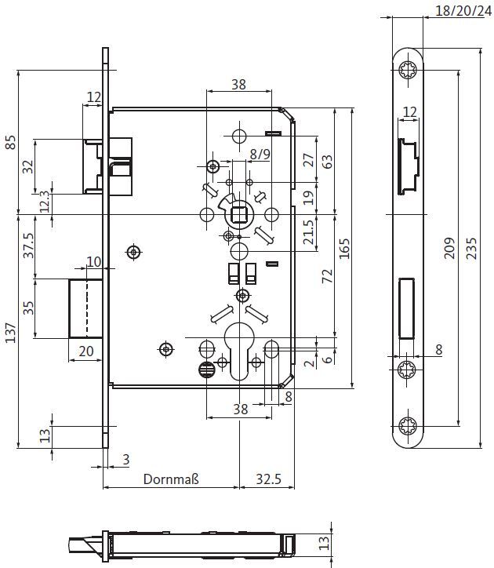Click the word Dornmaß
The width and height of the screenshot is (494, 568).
[171, 479]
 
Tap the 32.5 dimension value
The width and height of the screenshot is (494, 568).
[268, 479]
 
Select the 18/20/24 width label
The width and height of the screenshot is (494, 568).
[464, 11]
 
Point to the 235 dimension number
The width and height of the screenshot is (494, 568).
[471, 248]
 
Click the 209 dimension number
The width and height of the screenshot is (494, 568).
[449, 248]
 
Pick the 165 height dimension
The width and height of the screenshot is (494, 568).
[344, 249]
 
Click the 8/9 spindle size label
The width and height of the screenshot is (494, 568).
[260, 155]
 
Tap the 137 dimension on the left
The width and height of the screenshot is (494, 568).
[10, 333]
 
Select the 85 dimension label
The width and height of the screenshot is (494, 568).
[10, 142]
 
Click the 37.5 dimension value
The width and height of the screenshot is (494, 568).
[28, 246]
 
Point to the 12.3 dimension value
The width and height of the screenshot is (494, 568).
[45, 202]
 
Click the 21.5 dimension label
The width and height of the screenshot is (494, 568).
[308, 232]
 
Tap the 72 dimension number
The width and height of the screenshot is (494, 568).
[327, 276]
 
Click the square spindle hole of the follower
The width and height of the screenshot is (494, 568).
[238, 214]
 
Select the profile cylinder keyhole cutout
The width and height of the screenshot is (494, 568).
[239, 351]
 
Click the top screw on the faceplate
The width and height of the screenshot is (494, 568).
[408, 69]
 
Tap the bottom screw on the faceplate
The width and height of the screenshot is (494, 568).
[408, 426]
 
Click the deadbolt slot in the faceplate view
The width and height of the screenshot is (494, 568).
[407, 308]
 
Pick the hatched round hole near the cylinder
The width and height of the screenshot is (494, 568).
[207, 370]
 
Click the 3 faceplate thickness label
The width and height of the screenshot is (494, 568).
[126, 459]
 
